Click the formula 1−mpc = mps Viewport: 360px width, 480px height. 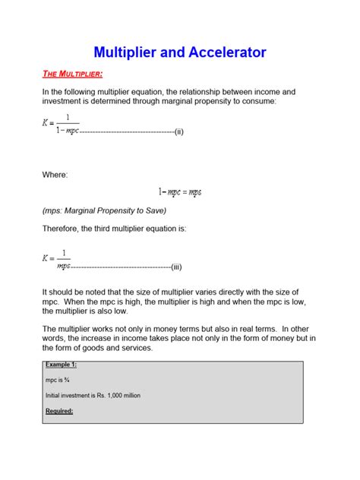pos(180,193)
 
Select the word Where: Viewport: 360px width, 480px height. pos(55,175)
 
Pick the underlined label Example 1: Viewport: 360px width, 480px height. pos(60,365)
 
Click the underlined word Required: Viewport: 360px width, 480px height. pos(59,411)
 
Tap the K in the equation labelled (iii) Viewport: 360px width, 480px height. pos(46,258)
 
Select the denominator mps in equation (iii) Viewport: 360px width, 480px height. pos(64,266)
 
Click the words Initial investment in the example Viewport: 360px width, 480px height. pos(67,396)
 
